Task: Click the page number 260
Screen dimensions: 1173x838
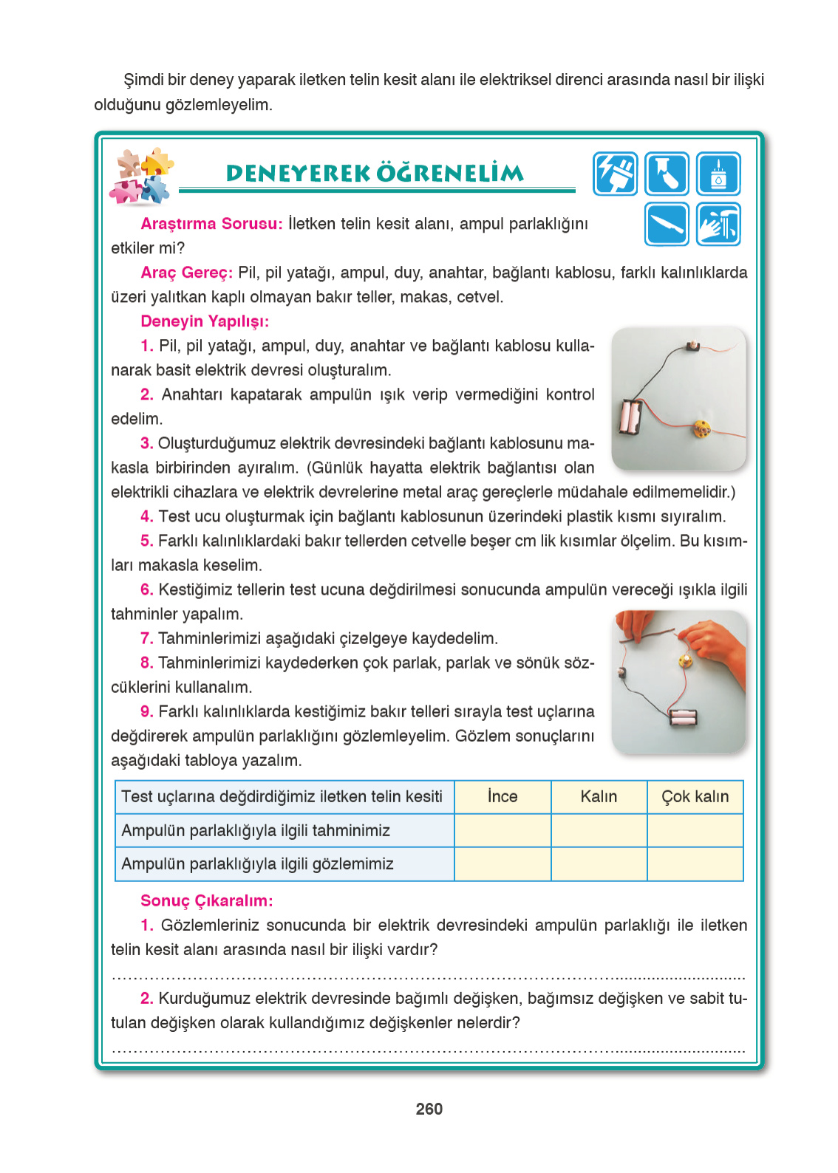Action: [x=429, y=1109]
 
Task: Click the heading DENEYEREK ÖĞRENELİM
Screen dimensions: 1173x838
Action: [x=375, y=174]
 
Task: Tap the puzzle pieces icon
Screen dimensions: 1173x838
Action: [x=141, y=176]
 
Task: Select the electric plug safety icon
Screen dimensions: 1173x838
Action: [x=615, y=174]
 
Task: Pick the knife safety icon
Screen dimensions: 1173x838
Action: [x=667, y=224]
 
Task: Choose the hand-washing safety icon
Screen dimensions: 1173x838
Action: [x=718, y=224]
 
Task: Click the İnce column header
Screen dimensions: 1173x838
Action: [x=503, y=796]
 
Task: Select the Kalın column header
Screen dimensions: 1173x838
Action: [x=599, y=796]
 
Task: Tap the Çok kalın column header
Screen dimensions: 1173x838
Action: [x=695, y=796]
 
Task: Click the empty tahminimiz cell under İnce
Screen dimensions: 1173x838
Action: [x=503, y=830]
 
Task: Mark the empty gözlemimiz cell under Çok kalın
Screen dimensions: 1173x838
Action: [x=695, y=864]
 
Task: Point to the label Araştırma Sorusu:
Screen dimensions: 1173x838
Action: [x=211, y=224]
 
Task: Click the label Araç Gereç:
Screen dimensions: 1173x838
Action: [x=186, y=273]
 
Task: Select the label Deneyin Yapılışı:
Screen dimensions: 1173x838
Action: [x=205, y=321]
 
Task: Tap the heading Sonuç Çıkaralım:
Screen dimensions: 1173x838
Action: [x=206, y=900]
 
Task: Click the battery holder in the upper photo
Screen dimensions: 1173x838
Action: [x=630, y=418]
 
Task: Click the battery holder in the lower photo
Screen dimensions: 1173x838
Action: [x=684, y=717]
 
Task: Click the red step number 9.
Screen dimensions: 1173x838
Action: [x=146, y=711]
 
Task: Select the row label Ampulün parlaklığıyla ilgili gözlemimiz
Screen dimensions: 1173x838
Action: [x=257, y=864]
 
